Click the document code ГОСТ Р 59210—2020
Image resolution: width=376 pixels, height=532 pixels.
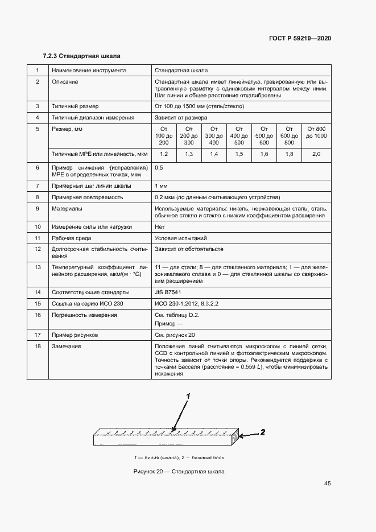299,38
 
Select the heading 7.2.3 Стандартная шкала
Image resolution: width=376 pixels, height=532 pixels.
81,56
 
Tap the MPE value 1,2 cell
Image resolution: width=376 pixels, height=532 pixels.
164,154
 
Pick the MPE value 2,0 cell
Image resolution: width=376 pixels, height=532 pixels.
316,154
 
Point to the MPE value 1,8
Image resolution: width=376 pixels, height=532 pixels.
289,154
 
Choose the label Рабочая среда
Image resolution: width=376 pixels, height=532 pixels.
71,238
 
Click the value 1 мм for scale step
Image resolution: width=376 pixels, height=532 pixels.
160,185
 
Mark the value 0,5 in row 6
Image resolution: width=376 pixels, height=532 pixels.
159,167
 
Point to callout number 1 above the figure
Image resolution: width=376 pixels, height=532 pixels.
188,395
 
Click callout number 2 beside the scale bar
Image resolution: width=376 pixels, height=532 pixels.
262,432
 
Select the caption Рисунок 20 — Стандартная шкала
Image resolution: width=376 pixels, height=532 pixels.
179,472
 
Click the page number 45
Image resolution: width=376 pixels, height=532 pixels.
327,484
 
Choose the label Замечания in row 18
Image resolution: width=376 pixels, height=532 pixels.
66,346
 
